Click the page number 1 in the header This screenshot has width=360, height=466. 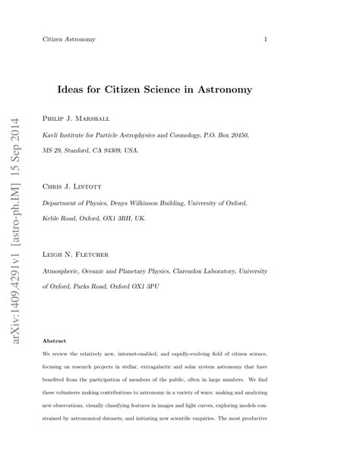click(265, 39)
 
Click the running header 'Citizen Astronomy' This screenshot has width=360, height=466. click(68, 39)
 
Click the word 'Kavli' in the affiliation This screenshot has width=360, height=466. click(51, 135)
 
